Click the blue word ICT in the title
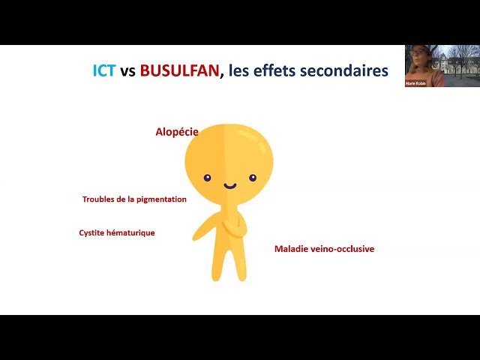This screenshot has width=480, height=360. pos(104,71)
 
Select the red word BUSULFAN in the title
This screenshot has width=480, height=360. pos(179,71)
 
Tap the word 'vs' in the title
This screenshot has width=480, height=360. pos(127,71)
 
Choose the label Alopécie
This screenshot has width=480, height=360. pos(177,132)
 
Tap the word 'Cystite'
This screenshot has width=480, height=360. pos(93,233)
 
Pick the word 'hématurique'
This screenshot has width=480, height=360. pos(132,233)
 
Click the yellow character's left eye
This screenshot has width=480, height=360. pos(208,178)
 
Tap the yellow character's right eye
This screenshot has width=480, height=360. pos(253,178)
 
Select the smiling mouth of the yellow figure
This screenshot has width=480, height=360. pos(230,185)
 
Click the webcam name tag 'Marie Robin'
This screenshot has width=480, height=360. pos(415,83)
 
